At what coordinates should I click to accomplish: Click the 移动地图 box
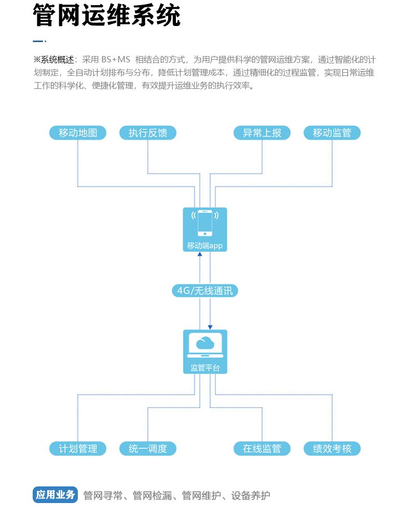[x=78, y=133]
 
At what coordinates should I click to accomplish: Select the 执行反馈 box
[x=148, y=133]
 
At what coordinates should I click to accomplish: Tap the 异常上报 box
[x=262, y=133]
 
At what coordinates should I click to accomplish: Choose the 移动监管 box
[x=332, y=133]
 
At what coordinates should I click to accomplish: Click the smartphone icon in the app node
[x=205, y=223]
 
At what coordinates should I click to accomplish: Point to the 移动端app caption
[x=205, y=246]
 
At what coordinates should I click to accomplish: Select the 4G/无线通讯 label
[x=205, y=290]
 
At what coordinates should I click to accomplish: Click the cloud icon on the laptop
[x=205, y=342]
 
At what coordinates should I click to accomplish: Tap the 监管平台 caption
[x=205, y=367]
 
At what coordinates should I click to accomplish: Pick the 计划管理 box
[x=78, y=448]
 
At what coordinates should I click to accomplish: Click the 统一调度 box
[x=148, y=448]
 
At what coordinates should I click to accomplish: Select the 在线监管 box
[x=262, y=448]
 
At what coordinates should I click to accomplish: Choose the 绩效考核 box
[x=332, y=448]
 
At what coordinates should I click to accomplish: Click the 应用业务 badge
[x=55, y=495]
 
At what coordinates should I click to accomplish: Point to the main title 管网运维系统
[x=107, y=16]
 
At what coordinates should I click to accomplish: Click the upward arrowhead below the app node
[x=200, y=254]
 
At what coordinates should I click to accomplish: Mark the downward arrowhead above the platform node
[x=210, y=327]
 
